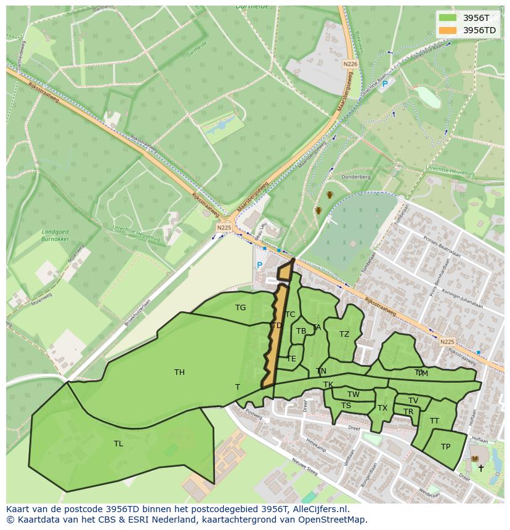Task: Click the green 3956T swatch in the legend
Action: (x=448, y=18)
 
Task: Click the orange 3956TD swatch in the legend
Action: (x=448, y=30)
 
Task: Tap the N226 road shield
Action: (x=350, y=64)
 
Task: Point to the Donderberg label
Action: (x=357, y=177)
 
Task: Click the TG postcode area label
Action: (x=240, y=308)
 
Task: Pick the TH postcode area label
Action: (x=179, y=372)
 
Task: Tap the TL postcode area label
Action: (x=118, y=443)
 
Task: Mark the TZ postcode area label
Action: (x=344, y=334)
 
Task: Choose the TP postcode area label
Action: (x=445, y=447)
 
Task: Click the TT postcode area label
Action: (x=434, y=421)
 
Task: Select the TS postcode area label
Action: (x=346, y=406)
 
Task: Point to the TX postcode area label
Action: (x=382, y=408)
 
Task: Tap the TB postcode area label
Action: (x=301, y=331)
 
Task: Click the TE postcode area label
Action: (x=291, y=358)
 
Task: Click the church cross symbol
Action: (x=481, y=468)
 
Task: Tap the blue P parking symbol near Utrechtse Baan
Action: (x=385, y=84)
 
